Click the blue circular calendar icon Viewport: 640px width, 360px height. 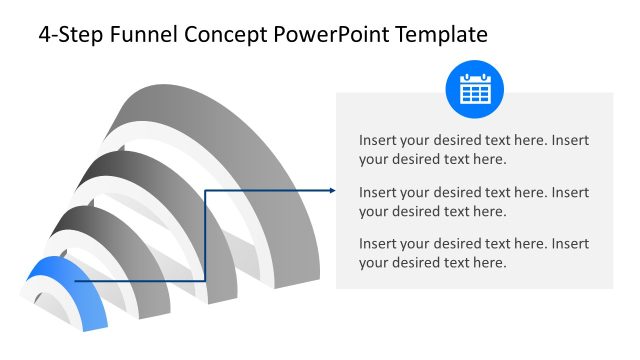tap(474, 91)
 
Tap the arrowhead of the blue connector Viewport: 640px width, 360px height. tap(330, 190)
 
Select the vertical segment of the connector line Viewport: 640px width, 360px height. tap(204, 235)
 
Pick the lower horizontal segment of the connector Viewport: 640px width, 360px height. tap(140, 281)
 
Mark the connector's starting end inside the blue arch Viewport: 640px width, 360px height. tap(76, 281)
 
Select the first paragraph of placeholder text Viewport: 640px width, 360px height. tap(474, 149)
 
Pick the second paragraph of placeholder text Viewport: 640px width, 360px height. tap(474, 201)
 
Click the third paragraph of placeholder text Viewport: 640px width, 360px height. tap(474, 253)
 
